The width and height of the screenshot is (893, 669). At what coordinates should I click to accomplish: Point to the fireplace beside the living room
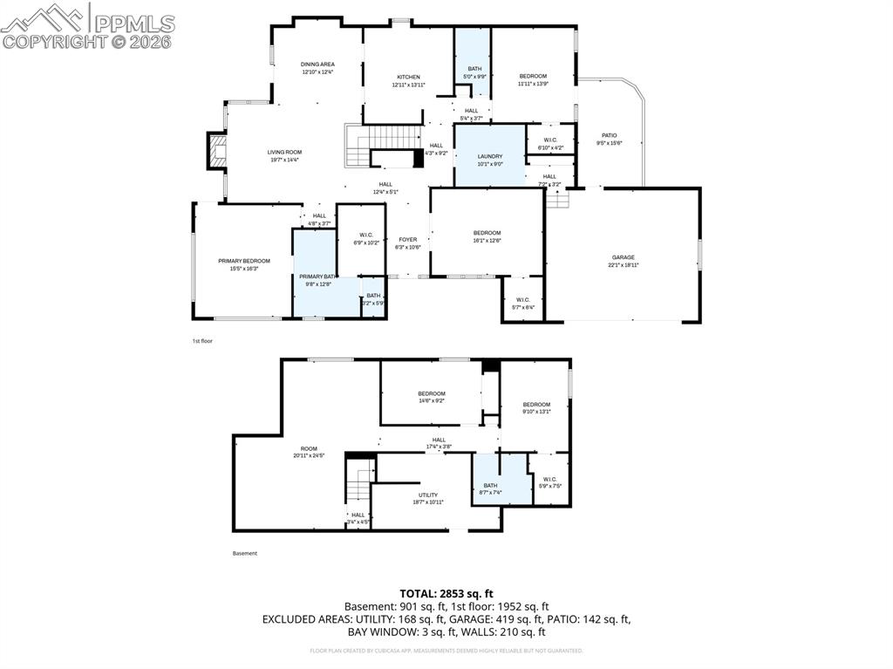[x=215, y=152]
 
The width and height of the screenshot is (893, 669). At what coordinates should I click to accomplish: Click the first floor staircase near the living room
[x=358, y=145]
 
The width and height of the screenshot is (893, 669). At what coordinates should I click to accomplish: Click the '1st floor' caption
[x=202, y=341]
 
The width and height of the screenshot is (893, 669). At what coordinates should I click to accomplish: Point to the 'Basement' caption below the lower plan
[x=245, y=553]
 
